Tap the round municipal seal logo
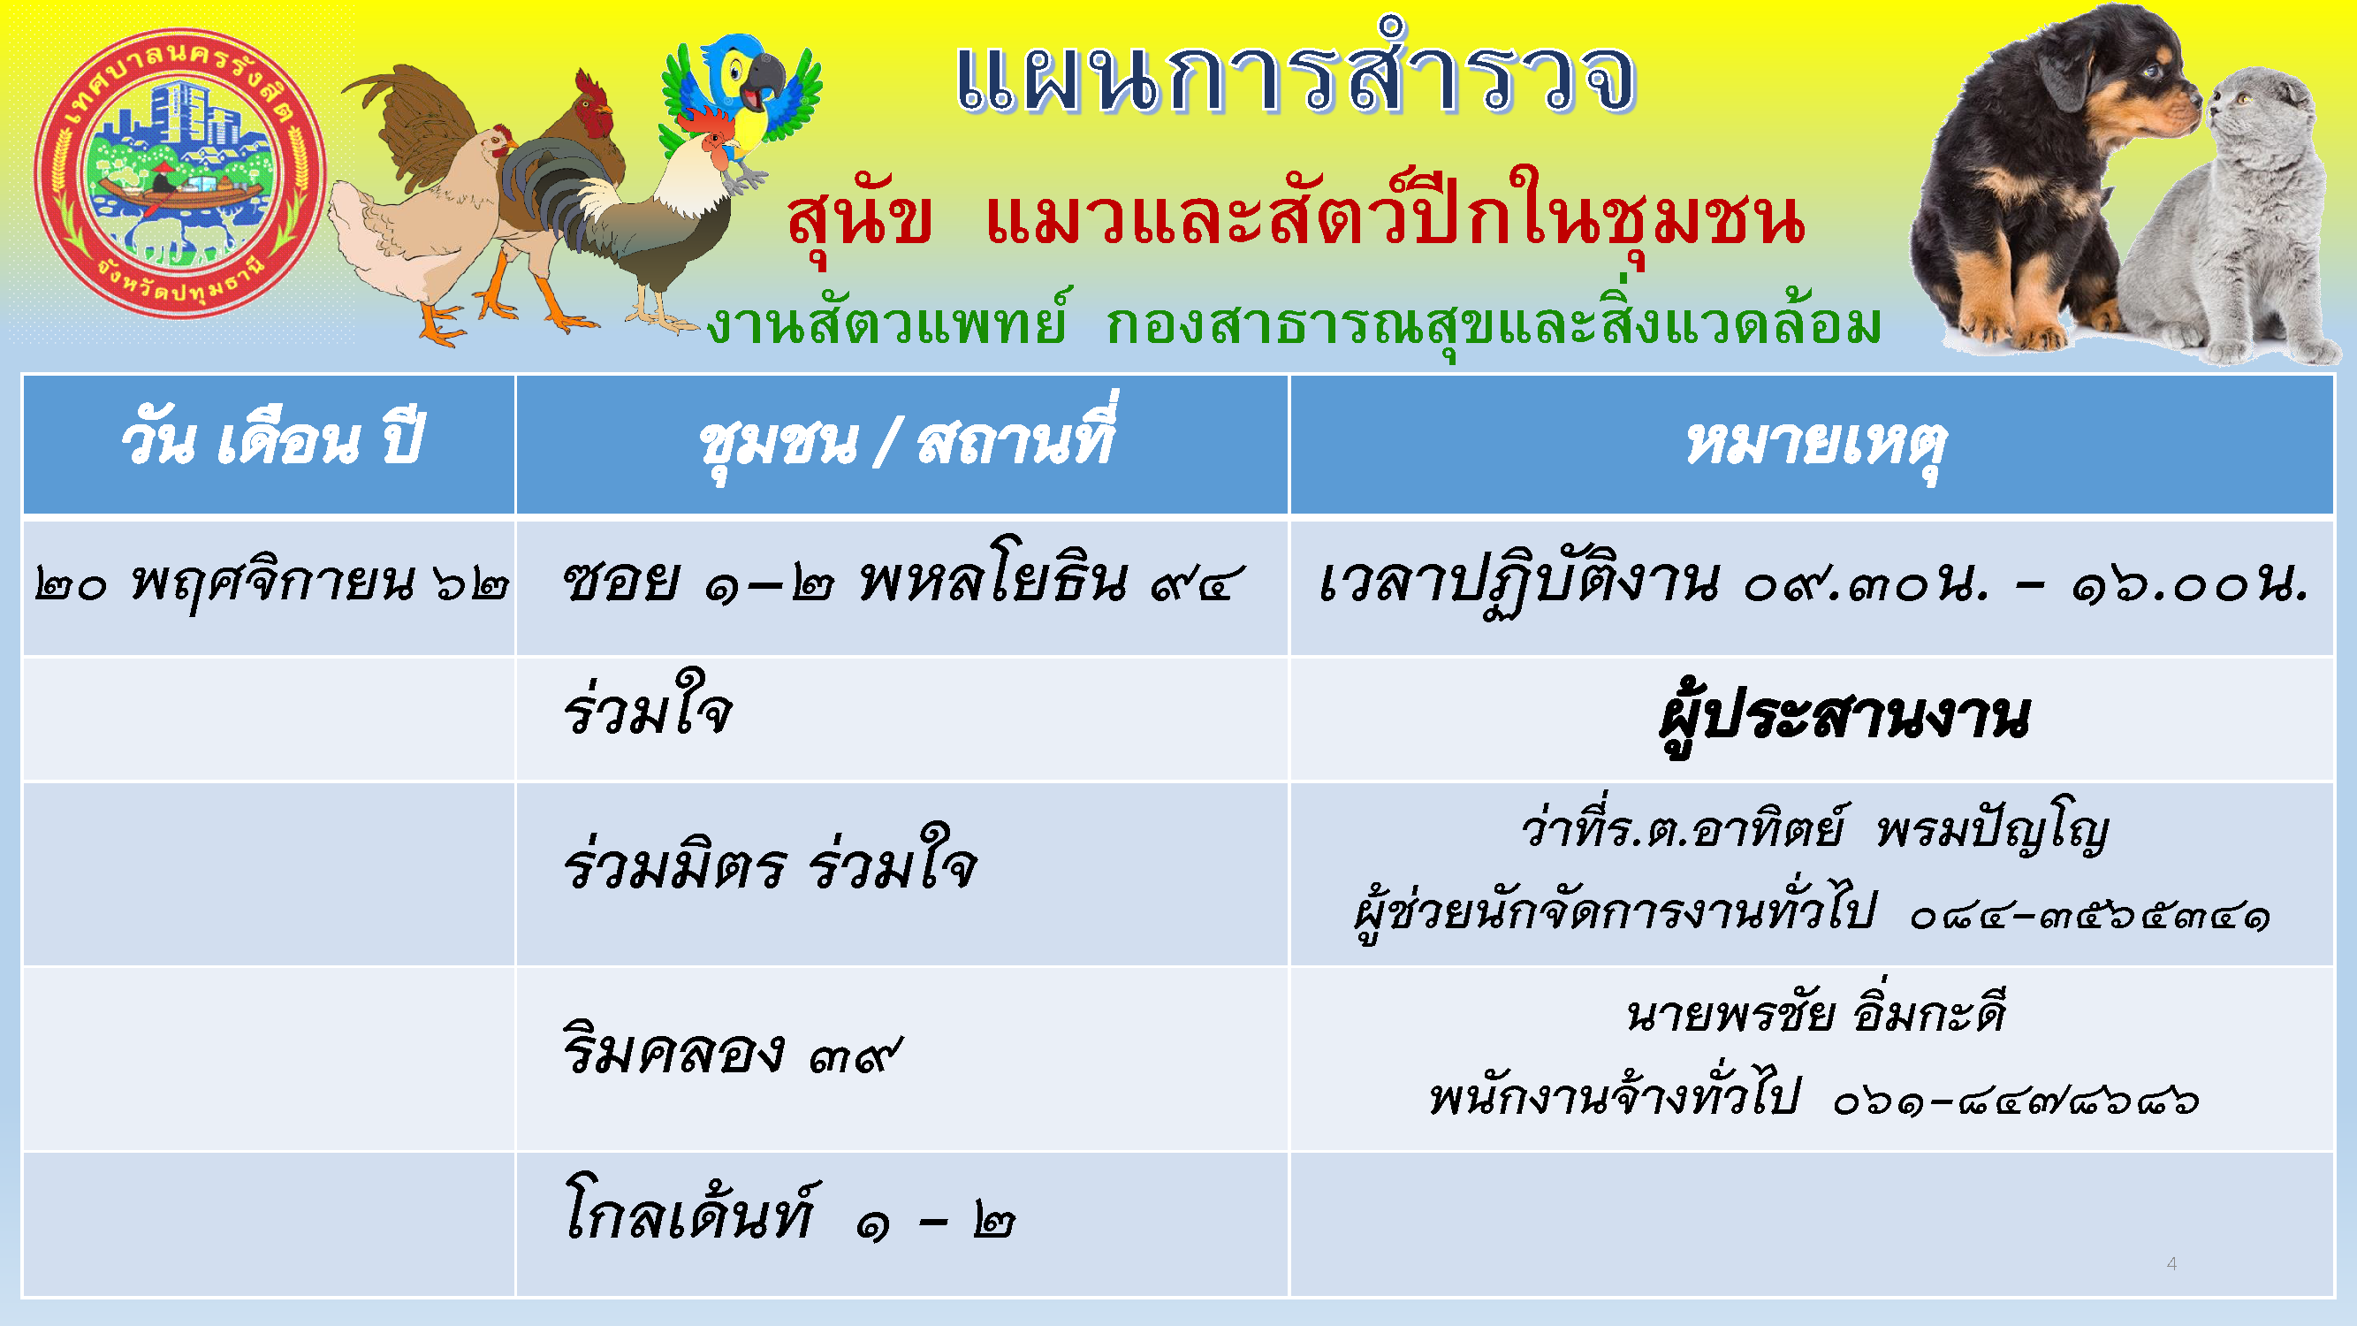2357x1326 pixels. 180,174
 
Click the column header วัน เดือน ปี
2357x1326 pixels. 270,442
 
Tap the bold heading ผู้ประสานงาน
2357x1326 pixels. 1844,718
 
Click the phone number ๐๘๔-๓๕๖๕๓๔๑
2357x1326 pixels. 2090,915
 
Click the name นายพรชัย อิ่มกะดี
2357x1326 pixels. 1816,1014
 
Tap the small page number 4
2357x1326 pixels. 2171,1264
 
